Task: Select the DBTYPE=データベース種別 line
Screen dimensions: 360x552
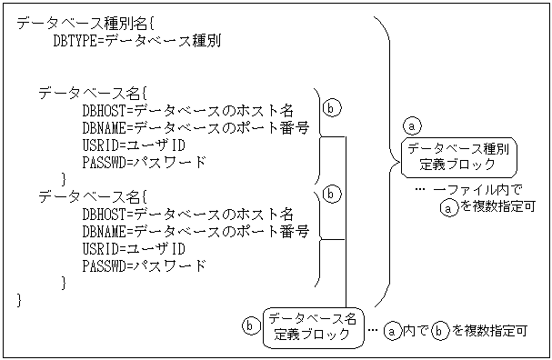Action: click(x=136, y=40)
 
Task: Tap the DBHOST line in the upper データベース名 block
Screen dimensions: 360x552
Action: click(x=186, y=111)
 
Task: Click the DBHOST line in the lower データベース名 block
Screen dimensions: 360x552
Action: click(x=186, y=215)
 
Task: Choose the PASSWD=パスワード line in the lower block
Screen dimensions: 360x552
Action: click(x=144, y=266)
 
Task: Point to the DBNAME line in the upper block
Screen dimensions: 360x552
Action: click(x=195, y=128)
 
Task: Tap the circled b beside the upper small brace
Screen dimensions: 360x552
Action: click(x=333, y=107)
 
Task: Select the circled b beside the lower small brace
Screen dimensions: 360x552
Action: click(x=333, y=194)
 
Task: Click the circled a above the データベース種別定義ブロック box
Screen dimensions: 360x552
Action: click(x=413, y=125)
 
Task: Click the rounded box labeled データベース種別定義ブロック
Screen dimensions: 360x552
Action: click(x=458, y=156)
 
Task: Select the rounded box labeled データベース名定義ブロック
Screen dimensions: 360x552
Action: click(x=312, y=325)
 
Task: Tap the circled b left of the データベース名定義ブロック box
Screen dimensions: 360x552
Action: click(x=251, y=325)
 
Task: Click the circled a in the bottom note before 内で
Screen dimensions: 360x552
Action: click(x=392, y=332)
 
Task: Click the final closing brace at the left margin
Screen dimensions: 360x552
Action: click(x=20, y=300)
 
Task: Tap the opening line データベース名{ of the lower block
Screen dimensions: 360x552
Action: click(x=91, y=196)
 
